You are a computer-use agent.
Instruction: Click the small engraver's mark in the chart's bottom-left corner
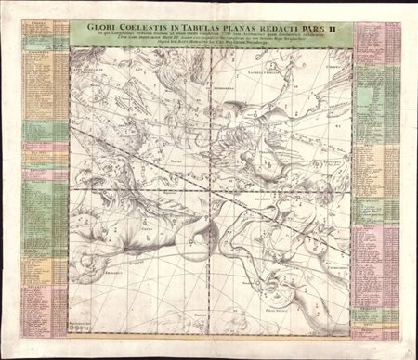point(76,326)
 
